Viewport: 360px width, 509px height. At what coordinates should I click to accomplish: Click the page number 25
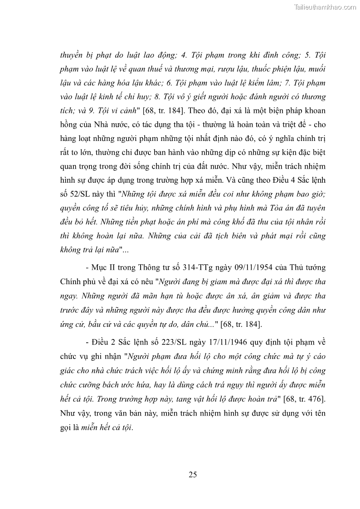pyautogui.click(x=192, y=475)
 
